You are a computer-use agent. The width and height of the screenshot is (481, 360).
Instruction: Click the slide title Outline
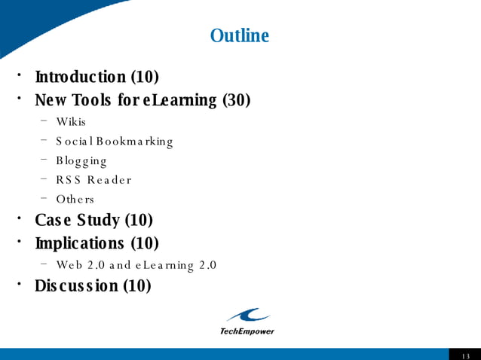[x=239, y=35]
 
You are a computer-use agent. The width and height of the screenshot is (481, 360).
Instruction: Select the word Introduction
[x=81, y=77]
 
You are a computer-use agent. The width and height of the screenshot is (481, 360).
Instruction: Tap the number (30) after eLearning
[x=236, y=100]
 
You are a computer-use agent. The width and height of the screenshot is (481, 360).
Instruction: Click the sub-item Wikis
[x=71, y=121]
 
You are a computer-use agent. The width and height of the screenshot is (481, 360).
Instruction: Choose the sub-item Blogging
[x=81, y=160]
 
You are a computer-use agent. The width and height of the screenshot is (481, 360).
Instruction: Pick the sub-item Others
[x=75, y=200]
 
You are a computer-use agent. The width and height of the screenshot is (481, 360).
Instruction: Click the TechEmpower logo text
[x=247, y=331]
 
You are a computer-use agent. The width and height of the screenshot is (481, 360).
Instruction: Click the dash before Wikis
[x=45, y=121]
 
